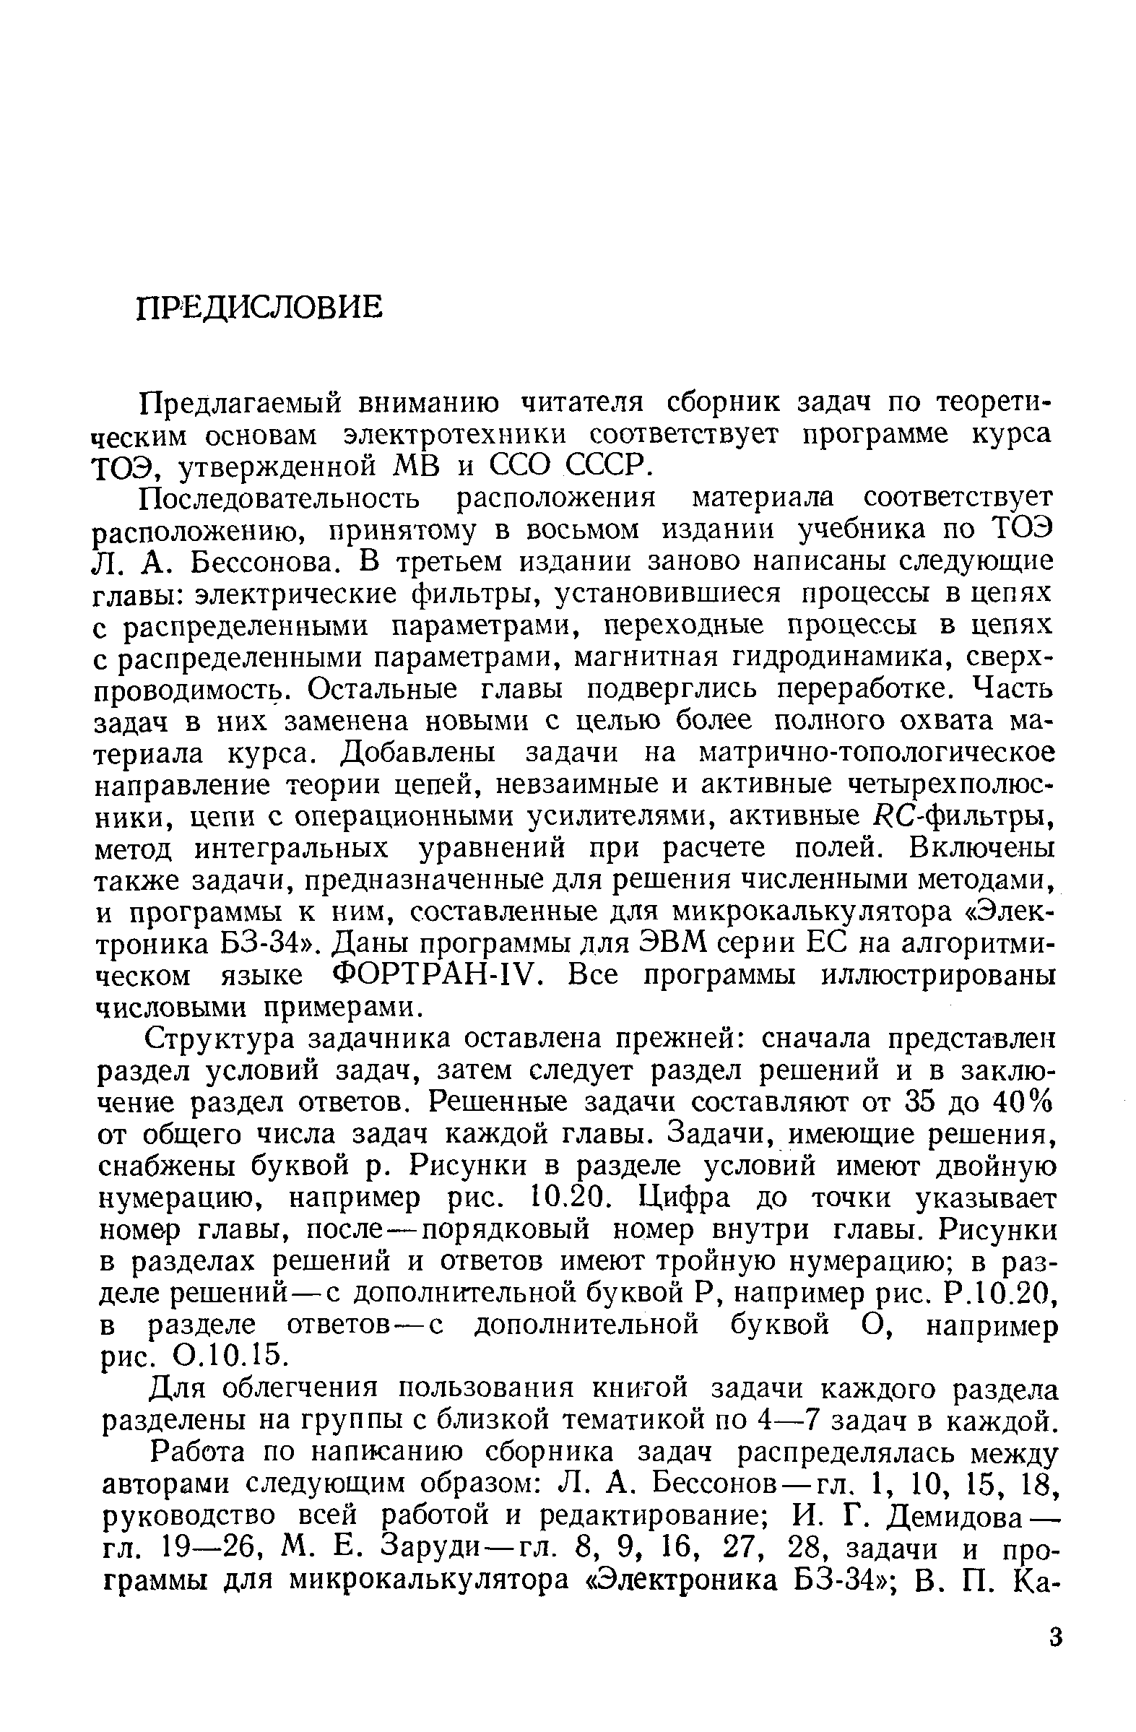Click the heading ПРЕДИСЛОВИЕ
point(259,308)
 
